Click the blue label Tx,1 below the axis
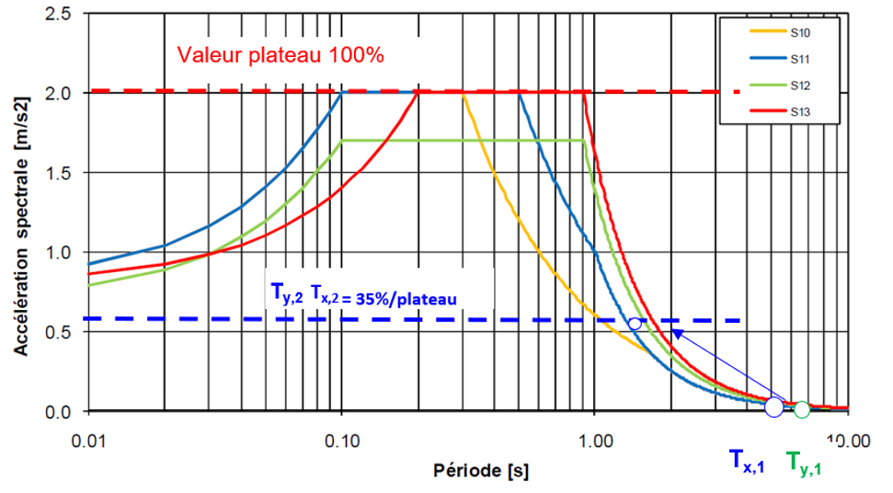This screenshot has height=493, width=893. tap(747, 461)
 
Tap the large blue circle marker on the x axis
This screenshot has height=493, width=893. tap(774, 407)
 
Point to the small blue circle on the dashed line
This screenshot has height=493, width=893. tap(634, 324)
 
